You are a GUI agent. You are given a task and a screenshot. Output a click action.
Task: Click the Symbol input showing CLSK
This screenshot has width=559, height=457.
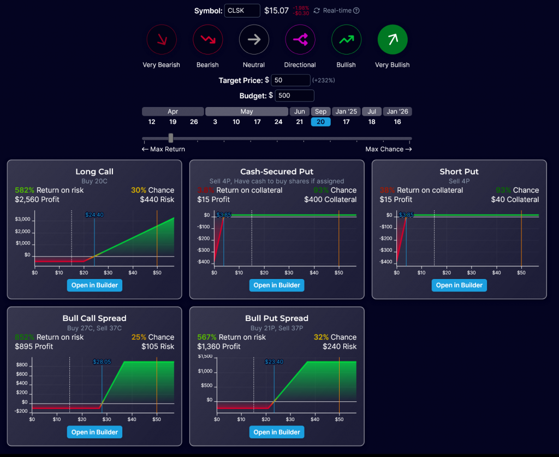click(242, 10)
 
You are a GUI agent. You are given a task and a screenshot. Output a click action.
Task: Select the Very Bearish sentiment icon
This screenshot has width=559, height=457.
click(162, 40)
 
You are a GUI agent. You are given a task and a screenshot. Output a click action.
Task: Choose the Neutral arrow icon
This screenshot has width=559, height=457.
click(254, 40)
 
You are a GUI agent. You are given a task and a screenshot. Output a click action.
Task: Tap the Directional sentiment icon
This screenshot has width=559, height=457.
click(300, 40)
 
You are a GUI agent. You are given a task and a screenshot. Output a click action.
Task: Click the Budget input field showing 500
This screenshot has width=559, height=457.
click(294, 96)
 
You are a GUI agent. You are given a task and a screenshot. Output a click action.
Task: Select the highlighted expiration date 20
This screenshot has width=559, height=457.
click(320, 122)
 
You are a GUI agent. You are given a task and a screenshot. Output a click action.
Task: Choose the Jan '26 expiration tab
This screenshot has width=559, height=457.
click(397, 111)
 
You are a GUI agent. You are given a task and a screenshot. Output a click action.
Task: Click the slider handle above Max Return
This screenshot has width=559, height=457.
click(171, 138)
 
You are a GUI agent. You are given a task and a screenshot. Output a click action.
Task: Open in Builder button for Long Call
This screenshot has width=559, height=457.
click(94, 285)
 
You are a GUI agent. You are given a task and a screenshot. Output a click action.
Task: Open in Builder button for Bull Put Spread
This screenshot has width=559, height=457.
click(277, 432)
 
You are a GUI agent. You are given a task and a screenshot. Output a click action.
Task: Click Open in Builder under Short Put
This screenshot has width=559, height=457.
click(459, 285)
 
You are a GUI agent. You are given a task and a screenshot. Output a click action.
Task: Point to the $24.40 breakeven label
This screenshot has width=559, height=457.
click(94, 215)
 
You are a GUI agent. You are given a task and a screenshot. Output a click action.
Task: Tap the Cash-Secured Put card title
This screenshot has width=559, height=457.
click(277, 172)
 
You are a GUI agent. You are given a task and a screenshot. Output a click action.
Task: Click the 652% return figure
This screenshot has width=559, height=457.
click(23, 337)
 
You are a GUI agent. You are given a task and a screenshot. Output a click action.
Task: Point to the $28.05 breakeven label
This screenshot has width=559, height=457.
click(102, 361)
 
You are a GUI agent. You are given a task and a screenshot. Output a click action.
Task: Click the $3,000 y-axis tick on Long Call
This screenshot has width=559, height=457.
click(23, 219)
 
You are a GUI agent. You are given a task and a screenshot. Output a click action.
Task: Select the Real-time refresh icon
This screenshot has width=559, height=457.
click(317, 10)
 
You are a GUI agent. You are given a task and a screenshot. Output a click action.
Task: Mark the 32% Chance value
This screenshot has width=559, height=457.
click(320, 337)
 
